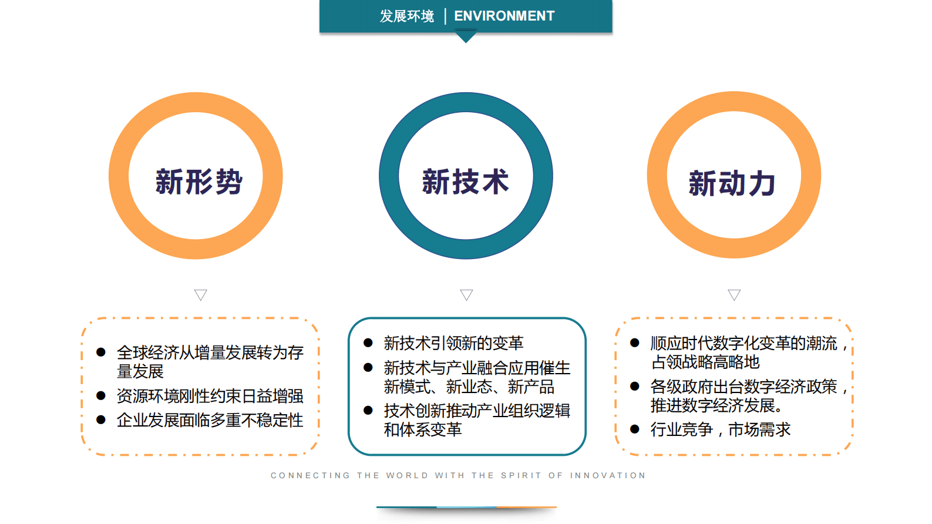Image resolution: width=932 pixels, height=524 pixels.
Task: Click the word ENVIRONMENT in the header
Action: point(504,16)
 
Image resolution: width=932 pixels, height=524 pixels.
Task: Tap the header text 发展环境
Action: point(406,16)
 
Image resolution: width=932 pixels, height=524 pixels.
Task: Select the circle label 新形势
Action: point(198,182)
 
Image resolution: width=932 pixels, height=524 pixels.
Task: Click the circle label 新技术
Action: point(465,182)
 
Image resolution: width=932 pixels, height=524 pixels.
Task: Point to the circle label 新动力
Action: point(732,183)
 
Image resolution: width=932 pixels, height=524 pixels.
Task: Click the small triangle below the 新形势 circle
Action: point(201,294)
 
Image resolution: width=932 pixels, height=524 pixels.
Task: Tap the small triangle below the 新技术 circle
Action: point(466,294)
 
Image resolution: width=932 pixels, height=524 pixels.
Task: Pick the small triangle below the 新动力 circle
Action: point(734,294)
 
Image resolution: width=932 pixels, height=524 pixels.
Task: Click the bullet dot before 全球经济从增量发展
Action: point(101,352)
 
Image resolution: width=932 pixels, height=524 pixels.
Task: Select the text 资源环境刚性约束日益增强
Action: point(210,396)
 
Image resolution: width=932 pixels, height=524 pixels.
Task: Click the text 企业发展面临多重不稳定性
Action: point(210,420)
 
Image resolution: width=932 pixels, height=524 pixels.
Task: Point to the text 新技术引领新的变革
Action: point(453,342)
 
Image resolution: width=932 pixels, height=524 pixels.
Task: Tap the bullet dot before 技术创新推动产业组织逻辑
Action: point(368,410)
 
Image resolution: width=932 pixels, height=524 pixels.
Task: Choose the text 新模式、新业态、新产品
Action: point(469,387)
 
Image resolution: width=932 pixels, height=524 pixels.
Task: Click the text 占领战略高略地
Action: point(705,362)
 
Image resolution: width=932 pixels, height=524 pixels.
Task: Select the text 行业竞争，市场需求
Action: point(720,429)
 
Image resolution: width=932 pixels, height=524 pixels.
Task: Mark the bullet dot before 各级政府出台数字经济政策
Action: point(635,386)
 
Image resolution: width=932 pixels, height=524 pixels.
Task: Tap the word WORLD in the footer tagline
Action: point(407,475)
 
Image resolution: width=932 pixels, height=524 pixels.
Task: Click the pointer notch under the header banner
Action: point(466,38)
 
